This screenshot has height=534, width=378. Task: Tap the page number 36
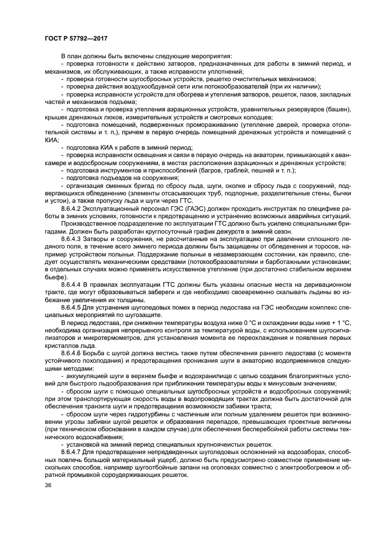[47, 485]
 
